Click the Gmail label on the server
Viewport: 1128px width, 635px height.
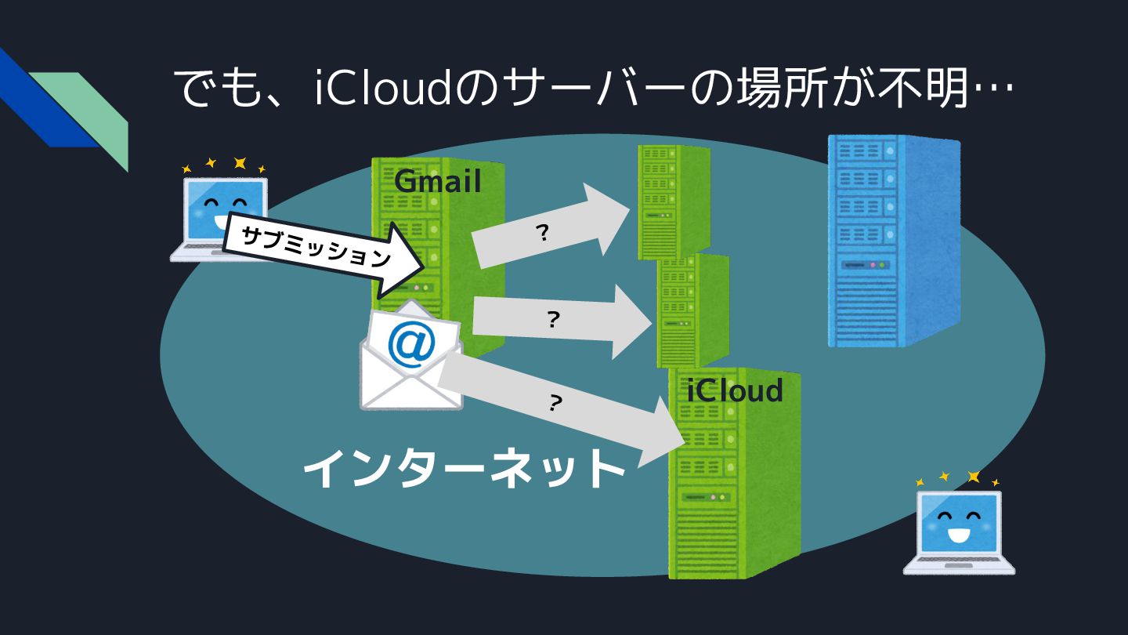coord(437,182)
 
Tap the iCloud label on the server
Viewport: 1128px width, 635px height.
coord(735,390)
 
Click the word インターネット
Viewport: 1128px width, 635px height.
coord(464,469)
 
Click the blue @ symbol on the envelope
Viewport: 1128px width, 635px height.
coord(411,346)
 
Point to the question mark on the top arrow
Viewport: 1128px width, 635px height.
coord(541,233)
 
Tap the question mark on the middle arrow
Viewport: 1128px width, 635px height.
coord(553,319)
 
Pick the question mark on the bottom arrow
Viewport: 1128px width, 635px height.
coord(555,403)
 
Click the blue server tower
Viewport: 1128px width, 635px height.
coord(893,240)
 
